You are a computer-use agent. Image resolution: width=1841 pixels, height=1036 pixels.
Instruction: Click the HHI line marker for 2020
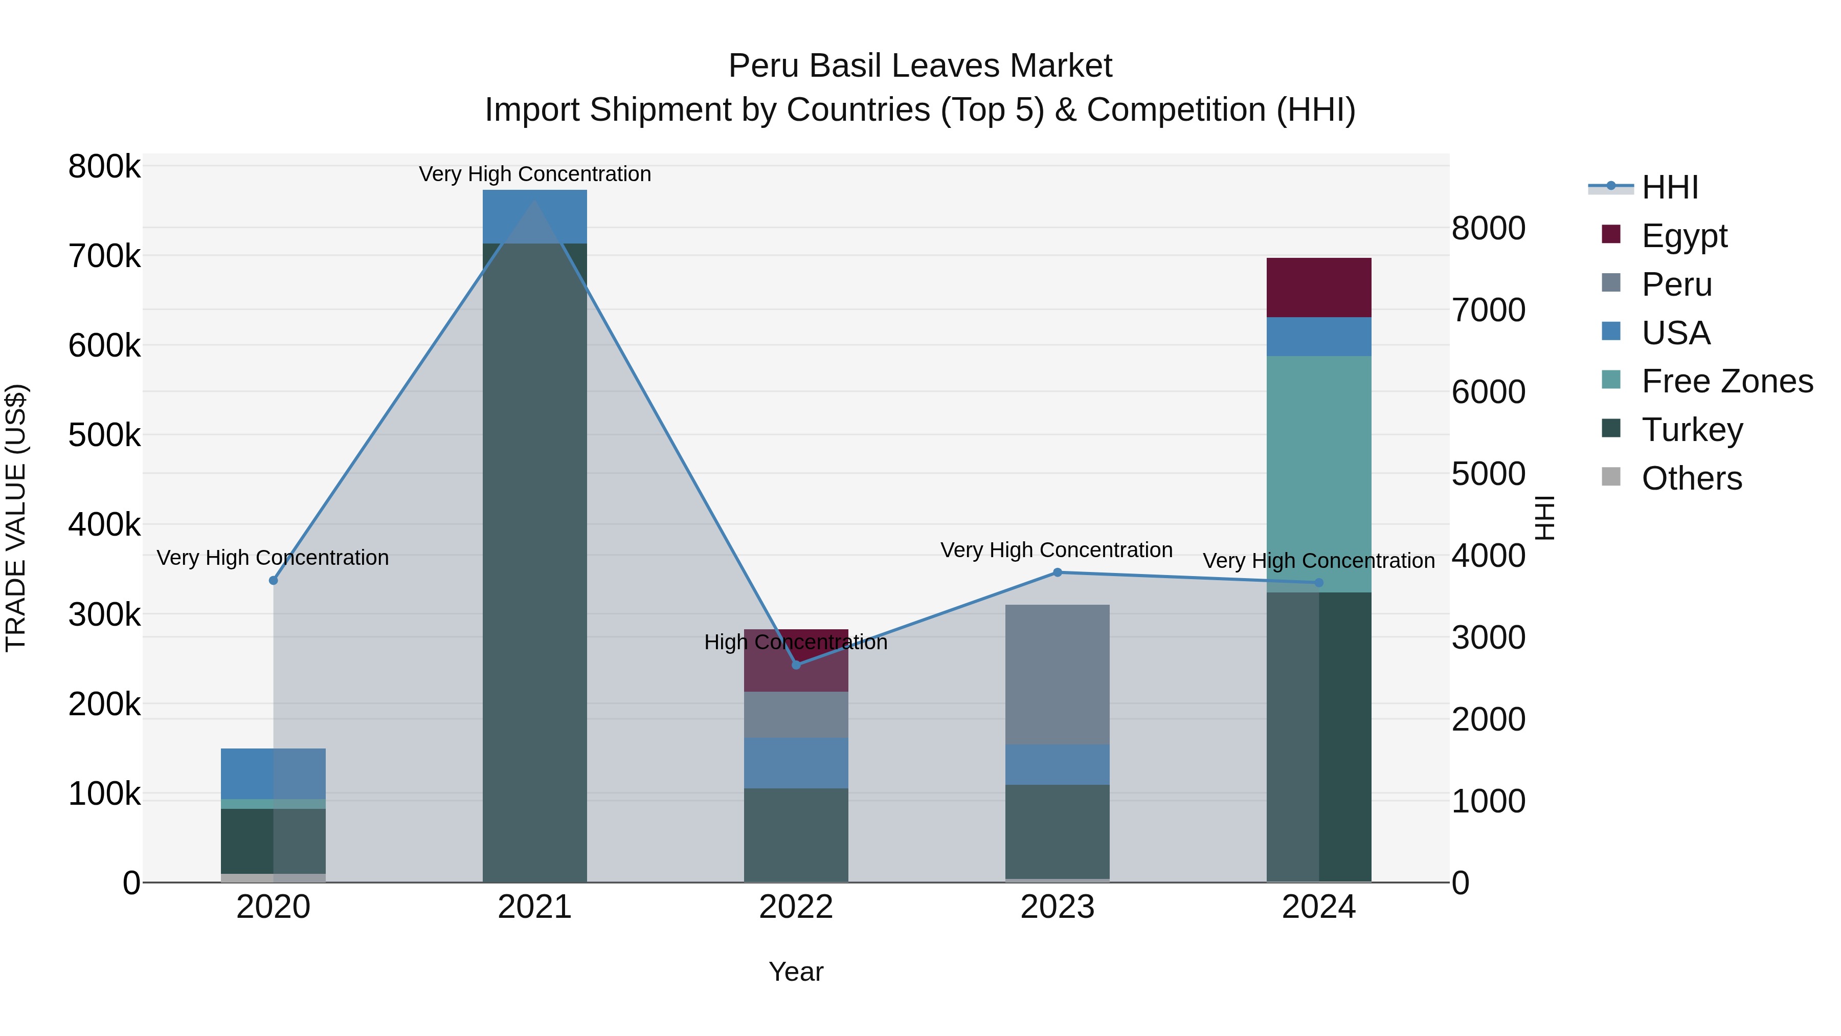click(x=273, y=581)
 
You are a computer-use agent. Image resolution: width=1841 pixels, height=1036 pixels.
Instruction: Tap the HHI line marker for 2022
click(x=796, y=665)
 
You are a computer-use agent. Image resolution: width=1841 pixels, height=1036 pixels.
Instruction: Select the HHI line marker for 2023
click(x=1058, y=572)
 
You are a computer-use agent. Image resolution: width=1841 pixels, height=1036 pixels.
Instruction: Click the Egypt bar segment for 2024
click(x=1318, y=288)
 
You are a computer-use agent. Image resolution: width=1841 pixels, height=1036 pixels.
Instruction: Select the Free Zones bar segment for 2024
click(x=1318, y=474)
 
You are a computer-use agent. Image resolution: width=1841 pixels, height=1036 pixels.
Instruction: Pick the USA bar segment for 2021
click(x=534, y=216)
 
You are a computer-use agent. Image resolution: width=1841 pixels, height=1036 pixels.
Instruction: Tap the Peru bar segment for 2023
click(x=1058, y=674)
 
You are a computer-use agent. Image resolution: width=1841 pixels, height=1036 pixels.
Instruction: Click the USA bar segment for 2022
click(x=796, y=763)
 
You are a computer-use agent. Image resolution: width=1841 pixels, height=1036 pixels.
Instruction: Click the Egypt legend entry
click(x=1684, y=236)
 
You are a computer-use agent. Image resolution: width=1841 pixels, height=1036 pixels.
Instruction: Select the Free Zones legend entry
click(x=1726, y=381)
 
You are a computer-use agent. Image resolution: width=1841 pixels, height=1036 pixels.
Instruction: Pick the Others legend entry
click(x=1691, y=478)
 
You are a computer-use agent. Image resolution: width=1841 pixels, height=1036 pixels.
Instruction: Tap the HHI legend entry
click(x=1670, y=187)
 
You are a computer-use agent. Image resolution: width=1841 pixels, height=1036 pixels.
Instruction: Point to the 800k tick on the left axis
click(x=104, y=167)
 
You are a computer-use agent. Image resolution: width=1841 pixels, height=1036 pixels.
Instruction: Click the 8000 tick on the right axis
click(x=1489, y=229)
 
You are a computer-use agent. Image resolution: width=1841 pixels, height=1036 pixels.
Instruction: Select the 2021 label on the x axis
click(x=534, y=907)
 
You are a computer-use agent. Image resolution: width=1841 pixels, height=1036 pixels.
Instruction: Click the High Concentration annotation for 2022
click(x=796, y=642)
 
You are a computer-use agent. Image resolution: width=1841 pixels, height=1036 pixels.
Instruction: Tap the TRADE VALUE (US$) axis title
click(x=16, y=518)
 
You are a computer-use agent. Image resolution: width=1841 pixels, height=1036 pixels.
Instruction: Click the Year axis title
click(x=796, y=972)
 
